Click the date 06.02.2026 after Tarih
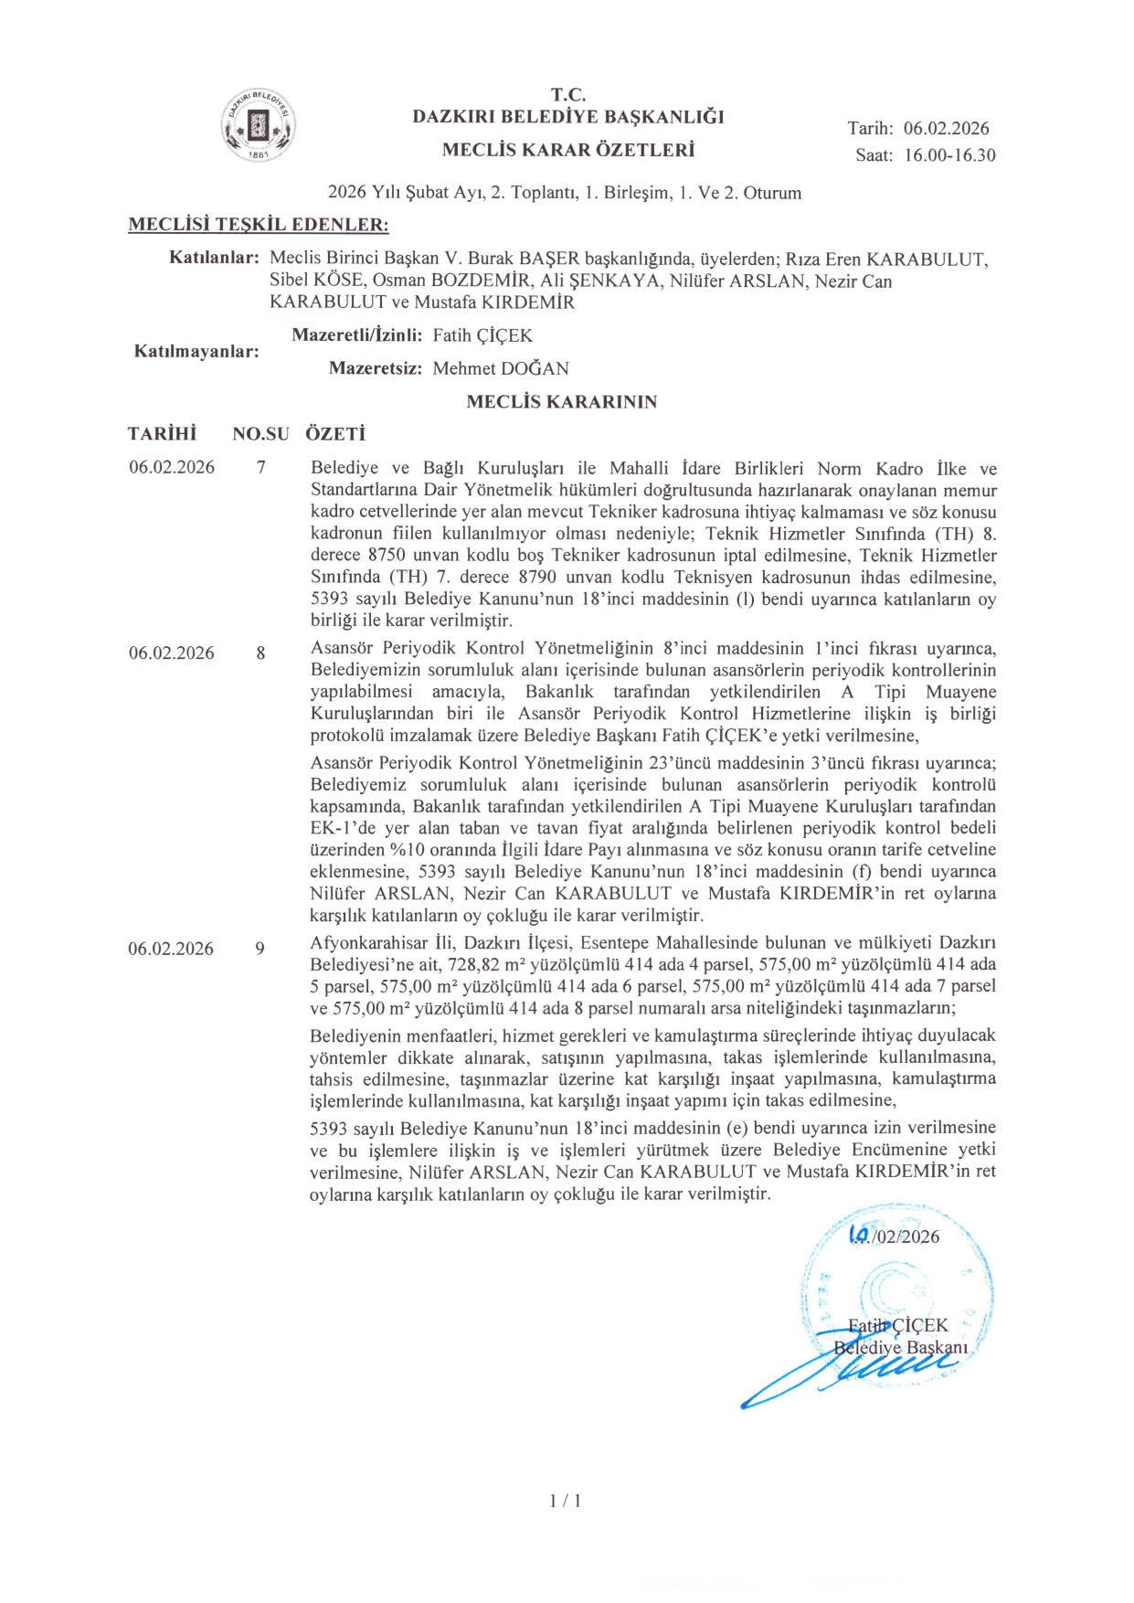[x=946, y=128]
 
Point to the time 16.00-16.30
[x=949, y=155]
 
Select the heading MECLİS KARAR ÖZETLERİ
[x=567, y=150]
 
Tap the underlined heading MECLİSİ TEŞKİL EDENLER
[x=258, y=225]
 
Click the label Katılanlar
[x=215, y=258]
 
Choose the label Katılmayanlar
[x=196, y=352]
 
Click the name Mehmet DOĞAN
[x=501, y=368]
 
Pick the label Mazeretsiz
[x=376, y=368]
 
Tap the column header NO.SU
[x=260, y=434]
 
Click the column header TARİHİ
[x=162, y=434]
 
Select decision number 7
[x=261, y=468]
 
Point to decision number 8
[x=261, y=653]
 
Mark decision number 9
[x=260, y=949]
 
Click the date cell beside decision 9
[x=171, y=949]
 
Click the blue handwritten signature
[x=850, y=1371]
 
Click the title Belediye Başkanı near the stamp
[x=900, y=1348]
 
